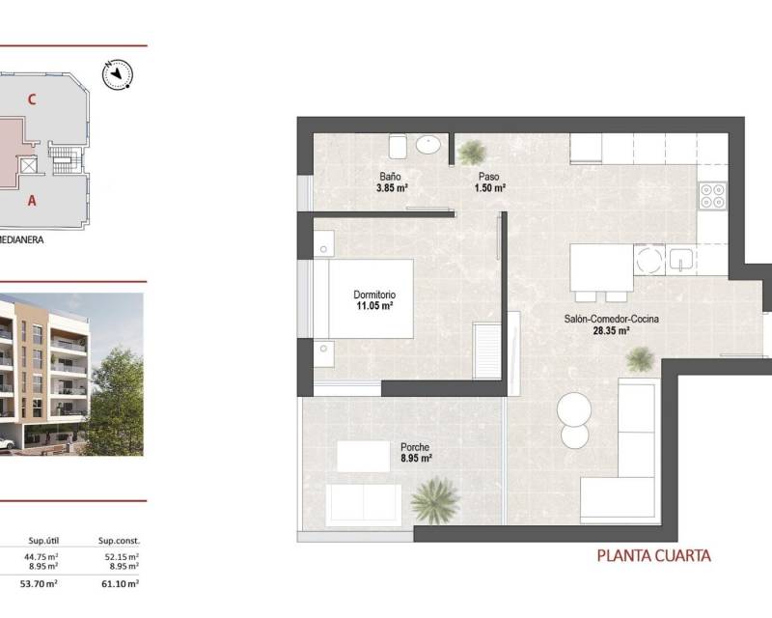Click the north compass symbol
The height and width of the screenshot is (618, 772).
(x=117, y=74)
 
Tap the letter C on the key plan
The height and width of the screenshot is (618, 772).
(x=32, y=99)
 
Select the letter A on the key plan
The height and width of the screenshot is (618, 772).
(x=32, y=201)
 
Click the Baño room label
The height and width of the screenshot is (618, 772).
(x=390, y=176)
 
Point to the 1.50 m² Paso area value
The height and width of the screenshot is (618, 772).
(x=490, y=187)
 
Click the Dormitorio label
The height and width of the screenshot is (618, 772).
(x=374, y=295)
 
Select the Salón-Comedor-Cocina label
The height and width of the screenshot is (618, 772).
(x=611, y=319)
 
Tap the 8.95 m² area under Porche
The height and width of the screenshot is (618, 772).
(x=417, y=459)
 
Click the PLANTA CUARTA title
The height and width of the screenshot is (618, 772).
(x=654, y=556)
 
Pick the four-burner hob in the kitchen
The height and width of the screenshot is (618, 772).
(x=712, y=195)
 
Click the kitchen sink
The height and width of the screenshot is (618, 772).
(x=681, y=260)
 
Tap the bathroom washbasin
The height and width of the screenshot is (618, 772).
(x=427, y=145)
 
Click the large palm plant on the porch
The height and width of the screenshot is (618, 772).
(x=435, y=500)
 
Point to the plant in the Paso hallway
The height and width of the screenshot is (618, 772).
(x=472, y=152)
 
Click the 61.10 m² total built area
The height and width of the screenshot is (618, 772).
(x=120, y=583)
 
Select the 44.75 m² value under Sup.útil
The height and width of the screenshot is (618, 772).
(x=41, y=557)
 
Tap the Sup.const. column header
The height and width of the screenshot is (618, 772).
(x=119, y=541)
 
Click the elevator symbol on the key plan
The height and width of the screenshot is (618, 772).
(x=29, y=165)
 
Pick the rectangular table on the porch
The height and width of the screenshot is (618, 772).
(x=364, y=457)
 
